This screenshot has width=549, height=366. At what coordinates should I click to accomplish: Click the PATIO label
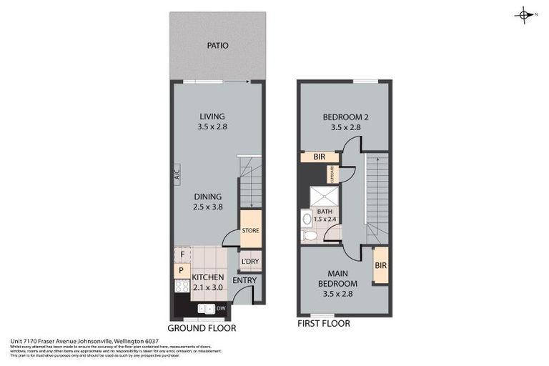[217, 45]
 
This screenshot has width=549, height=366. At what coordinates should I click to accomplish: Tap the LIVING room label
[212, 117]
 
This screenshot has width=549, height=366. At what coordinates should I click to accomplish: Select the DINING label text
[207, 197]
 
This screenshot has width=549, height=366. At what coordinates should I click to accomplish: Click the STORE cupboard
[250, 231]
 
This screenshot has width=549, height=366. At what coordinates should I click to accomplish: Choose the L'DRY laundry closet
[249, 262]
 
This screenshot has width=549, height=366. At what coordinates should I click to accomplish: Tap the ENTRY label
[244, 280]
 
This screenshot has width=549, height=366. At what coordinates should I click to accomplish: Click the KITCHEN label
[207, 277]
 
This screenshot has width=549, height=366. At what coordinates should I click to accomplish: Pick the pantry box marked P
[180, 271]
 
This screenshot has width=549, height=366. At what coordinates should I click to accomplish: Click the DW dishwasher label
[221, 308]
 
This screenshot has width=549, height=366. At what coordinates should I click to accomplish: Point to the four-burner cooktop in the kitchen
[182, 287]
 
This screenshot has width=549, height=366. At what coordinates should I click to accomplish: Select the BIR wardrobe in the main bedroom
[380, 265]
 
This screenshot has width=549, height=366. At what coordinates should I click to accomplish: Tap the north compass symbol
[524, 15]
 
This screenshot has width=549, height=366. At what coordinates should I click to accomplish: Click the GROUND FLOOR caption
[202, 328]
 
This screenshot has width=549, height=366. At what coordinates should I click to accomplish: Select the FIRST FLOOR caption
[324, 324]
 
